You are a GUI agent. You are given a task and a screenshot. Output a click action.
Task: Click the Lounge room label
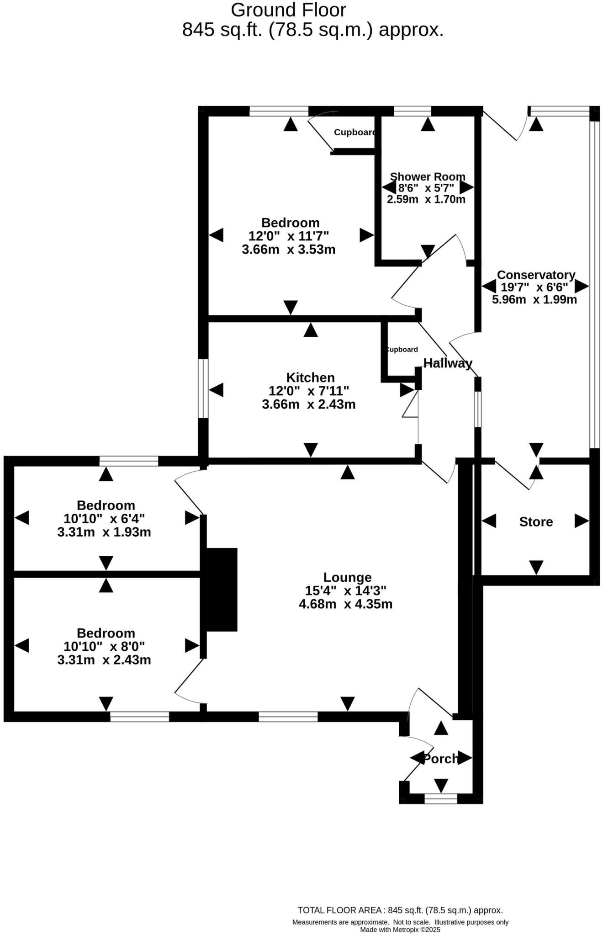click(x=347, y=577)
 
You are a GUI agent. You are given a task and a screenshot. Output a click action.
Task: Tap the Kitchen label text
click(x=310, y=378)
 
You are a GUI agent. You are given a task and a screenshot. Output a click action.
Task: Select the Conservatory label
click(x=536, y=275)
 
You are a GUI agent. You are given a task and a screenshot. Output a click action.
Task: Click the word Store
click(x=536, y=522)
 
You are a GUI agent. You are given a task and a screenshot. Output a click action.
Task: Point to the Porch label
click(x=441, y=759)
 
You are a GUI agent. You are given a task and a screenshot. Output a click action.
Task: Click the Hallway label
click(x=448, y=363)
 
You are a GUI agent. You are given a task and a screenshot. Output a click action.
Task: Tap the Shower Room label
click(x=428, y=177)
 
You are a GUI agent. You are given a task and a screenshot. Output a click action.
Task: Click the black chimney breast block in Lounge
click(x=222, y=590)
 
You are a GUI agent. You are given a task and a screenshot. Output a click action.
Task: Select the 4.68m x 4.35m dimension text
click(x=346, y=604)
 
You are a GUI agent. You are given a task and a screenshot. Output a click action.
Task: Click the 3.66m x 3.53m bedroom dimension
click(x=289, y=250)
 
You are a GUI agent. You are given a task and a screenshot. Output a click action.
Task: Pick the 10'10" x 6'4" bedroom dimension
click(x=104, y=519)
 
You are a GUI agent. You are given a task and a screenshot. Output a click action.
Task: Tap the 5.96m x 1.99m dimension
click(x=534, y=300)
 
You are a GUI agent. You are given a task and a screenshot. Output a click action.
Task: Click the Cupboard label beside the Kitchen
click(x=402, y=350)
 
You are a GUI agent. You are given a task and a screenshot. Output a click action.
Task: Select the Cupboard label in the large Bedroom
click(x=355, y=133)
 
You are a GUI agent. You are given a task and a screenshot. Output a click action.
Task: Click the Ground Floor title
click(x=288, y=10)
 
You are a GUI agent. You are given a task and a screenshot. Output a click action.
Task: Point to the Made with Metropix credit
click(x=400, y=930)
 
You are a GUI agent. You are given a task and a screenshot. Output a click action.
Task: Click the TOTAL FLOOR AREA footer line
click(x=400, y=910)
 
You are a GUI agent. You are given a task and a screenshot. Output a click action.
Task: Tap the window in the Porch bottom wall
click(x=441, y=798)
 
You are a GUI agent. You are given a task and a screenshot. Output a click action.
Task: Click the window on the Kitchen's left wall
click(x=203, y=388)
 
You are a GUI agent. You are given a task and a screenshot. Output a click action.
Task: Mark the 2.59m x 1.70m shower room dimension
click(x=426, y=199)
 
